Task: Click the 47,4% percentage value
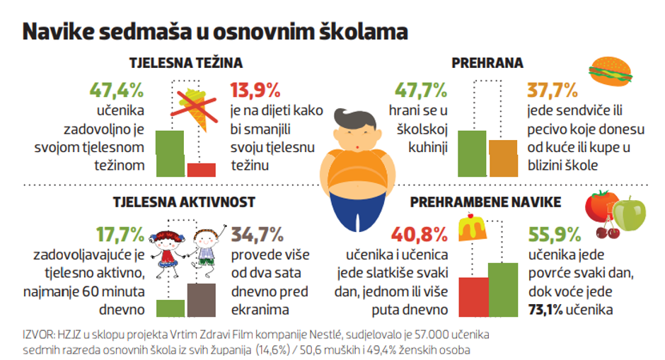[117, 91]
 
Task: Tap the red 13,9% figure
[255, 91]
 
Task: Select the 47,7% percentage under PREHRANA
[421, 91]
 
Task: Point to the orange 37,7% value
[553, 91]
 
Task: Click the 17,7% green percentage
[120, 235]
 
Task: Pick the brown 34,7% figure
[257, 235]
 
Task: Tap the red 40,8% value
[420, 235]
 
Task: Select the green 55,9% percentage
[555, 235]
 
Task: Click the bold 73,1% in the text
[545, 310]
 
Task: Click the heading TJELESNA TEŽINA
[186, 63]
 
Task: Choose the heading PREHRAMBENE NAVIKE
[485, 202]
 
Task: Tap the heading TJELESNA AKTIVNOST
[184, 202]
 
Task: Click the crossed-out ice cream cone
[195, 108]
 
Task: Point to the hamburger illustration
[611, 71]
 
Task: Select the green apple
[629, 214]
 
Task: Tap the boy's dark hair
[354, 120]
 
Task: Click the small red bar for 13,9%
[202, 170]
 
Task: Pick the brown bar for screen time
[202, 300]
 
